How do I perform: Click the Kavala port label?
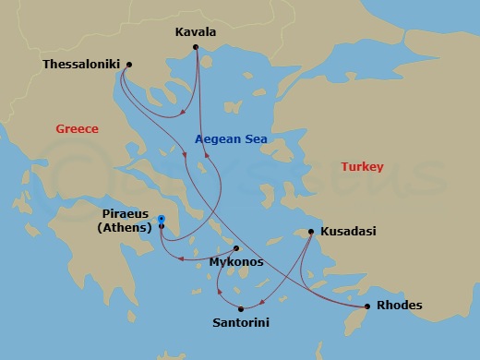[x=195, y=32]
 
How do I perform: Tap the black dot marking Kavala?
[x=196, y=47]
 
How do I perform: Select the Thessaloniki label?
[x=82, y=65]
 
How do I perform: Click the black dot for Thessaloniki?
[x=128, y=65]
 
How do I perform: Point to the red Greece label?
[x=77, y=129]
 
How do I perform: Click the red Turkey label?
[x=362, y=167]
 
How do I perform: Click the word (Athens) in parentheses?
[x=125, y=227]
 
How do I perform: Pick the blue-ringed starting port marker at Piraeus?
[x=161, y=219]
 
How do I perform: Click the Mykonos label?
[x=236, y=262]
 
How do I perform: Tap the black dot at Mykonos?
[x=236, y=248]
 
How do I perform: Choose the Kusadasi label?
[x=349, y=232]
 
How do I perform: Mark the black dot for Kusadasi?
[x=311, y=232]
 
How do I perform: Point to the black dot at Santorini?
[x=240, y=309]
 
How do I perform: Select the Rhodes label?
[x=401, y=306]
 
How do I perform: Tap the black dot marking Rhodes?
[x=366, y=306]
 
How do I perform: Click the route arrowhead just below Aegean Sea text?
[x=206, y=155]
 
